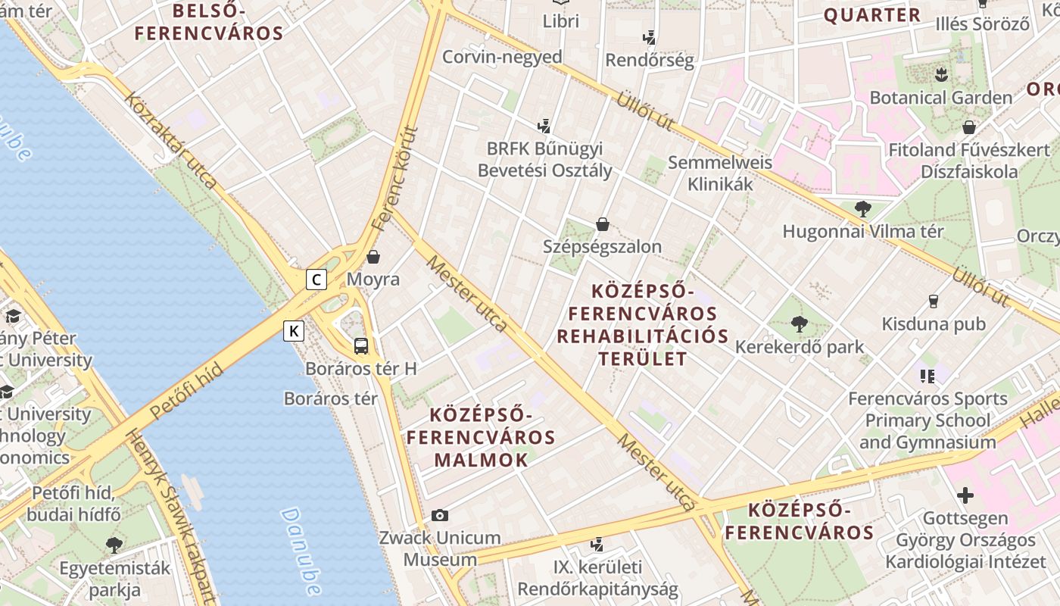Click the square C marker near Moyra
[x=316, y=280]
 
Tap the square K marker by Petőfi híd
[x=294, y=331]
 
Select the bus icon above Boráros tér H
[x=361, y=346]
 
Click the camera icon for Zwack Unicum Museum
[x=440, y=516]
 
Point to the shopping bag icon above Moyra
[x=373, y=257]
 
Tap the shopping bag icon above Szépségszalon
[x=603, y=224]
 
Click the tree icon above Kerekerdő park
[x=799, y=324]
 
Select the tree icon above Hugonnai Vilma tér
[x=862, y=208]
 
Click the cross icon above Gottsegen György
[x=965, y=496]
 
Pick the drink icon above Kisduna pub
[x=933, y=301]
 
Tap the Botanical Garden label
[x=940, y=98]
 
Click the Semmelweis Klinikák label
[x=719, y=173]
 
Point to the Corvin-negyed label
[x=502, y=57]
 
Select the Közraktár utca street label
[x=171, y=141]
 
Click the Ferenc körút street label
[x=395, y=179]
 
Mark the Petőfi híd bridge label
[x=186, y=392]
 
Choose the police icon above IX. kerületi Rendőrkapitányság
[x=597, y=544]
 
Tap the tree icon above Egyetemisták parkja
[x=114, y=545]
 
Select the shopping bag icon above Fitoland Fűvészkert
[x=968, y=127]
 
